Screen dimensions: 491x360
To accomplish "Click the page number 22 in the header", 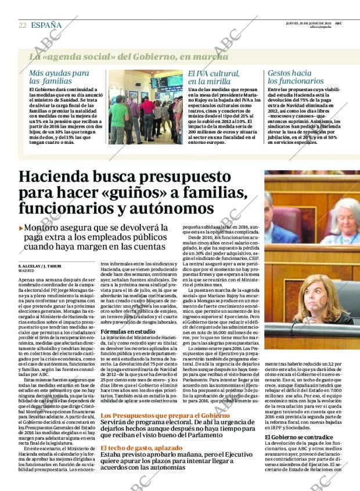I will (x=22, y=25).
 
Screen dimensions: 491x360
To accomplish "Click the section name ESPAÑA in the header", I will (x=46, y=25).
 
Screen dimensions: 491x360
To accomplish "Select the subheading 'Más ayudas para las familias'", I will (x=59, y=77).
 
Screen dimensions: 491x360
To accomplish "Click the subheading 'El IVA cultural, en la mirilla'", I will (x=214, y=77).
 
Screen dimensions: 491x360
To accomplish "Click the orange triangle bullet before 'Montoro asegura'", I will (x=21, y=229).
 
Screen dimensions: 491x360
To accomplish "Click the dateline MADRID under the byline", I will (x=26, y=271).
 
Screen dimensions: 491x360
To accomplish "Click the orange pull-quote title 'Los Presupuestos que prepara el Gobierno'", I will (x=157, y=416).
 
